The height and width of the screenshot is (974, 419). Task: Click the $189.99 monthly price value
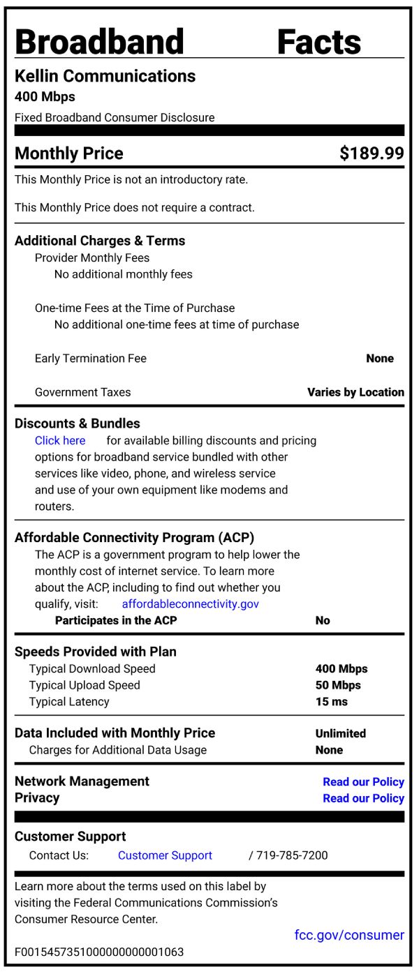(372, 153)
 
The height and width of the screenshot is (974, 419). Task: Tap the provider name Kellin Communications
(105, 76)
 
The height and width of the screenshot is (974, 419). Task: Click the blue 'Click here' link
(60, 440)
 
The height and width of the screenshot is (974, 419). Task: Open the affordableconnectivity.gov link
(190, 604)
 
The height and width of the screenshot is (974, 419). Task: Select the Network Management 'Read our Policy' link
(363, 781)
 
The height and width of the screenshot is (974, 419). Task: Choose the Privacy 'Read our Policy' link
(363, 798)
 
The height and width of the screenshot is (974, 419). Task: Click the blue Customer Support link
(165, 855)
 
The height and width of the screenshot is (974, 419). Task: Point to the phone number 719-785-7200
(292, 855)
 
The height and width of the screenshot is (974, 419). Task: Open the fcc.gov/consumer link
(349, 935)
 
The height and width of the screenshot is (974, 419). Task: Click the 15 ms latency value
(331, 702)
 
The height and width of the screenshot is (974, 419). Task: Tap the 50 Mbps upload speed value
(338, 685)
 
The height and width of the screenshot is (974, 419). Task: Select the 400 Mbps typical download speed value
(341, 668)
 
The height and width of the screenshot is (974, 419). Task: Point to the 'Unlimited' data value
(340, 733)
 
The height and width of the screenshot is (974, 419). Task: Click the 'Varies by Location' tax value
(355, 392)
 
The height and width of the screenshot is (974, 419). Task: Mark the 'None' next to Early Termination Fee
(380, 359)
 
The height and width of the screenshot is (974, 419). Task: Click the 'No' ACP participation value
(323, 620)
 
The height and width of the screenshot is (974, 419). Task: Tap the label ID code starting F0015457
(99, 952)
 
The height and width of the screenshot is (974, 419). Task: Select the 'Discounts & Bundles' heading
(77, 424)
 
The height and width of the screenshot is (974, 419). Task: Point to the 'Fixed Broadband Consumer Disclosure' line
(115, 118)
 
